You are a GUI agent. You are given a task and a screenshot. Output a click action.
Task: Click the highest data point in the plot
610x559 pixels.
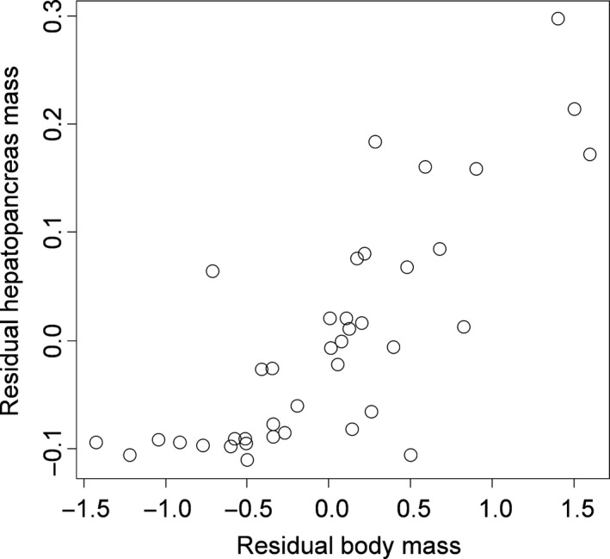click(x=558, y=18)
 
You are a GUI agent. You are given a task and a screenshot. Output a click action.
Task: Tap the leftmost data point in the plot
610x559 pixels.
click(x=96, y=443)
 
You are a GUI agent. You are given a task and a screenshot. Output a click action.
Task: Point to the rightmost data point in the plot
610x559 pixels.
click(x=589, y=154)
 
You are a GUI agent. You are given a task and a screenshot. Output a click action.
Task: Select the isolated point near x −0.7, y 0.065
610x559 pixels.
click(x=213, y=271)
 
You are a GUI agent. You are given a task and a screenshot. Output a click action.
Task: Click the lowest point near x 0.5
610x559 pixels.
click(x=410, y=455)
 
